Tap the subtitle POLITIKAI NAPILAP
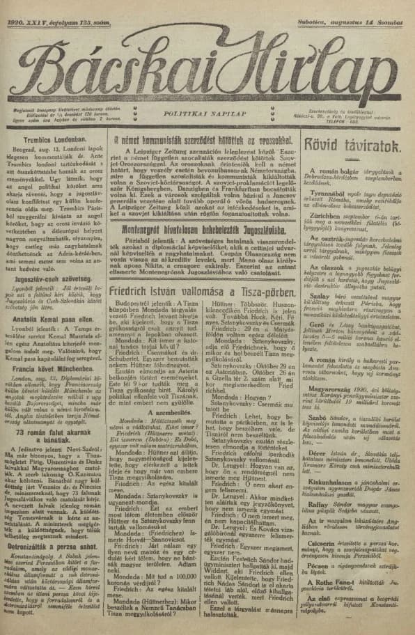click(203, 111)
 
